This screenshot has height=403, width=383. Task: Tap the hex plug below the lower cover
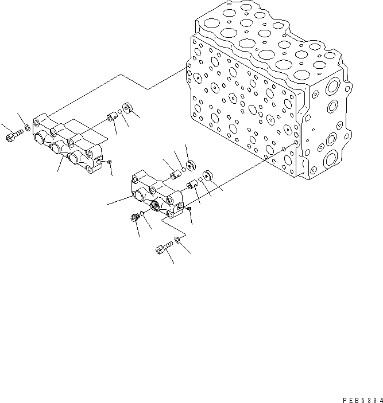136,218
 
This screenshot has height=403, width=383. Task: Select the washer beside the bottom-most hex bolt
179,240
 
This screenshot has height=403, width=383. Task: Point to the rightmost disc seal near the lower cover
208,175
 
